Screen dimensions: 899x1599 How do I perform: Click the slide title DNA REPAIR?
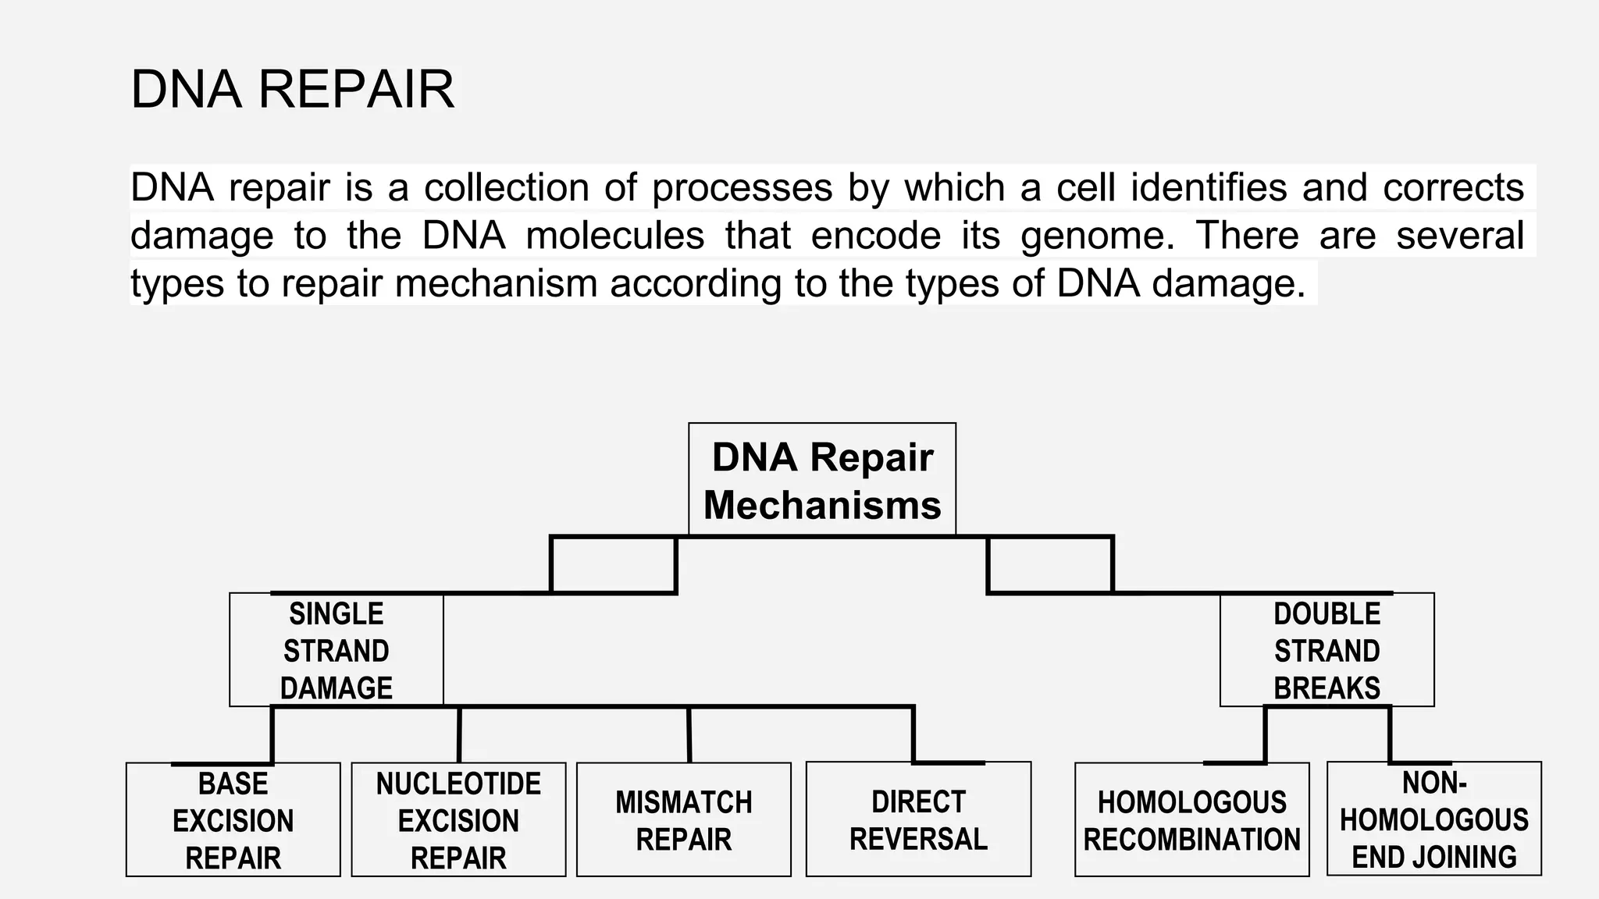tap(292, 89)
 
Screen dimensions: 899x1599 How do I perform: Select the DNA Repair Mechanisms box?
tap(821, 480)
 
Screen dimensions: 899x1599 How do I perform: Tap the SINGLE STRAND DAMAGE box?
tap(336, 650)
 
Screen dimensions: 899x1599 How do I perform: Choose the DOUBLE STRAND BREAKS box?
tap(1327, 650)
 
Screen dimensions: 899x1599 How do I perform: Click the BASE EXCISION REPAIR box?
tap(233, 820)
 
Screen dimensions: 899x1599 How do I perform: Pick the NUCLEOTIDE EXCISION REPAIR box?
tap(458, 820)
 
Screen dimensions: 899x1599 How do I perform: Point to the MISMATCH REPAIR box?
tap(683, 820)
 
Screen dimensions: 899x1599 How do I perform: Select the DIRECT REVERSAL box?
tap(918, 820)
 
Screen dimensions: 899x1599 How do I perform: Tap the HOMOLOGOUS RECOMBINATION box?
tap(1191, 820)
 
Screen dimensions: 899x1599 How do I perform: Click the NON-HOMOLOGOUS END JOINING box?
tap(1433, 819)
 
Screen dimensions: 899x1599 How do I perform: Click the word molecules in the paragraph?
tap(615, 236)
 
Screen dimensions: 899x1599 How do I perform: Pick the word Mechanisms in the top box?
tap(821, 504)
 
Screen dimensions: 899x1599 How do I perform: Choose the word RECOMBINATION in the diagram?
tap(1191, 840)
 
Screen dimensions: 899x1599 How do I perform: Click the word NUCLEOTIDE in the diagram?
tap(458, 784)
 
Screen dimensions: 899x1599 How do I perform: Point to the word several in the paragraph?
tap(1459, 236)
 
